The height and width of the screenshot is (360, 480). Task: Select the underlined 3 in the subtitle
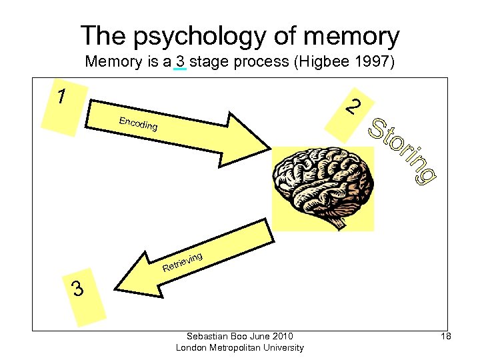(180, 63)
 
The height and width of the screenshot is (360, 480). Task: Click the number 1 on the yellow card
(61, 97)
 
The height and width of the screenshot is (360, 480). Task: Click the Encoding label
(138, 123)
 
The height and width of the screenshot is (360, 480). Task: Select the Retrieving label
(182, 263)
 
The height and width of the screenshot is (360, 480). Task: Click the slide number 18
(446, 337)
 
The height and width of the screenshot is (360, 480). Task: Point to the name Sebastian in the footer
(207, 336)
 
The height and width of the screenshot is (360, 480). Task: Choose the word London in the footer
(190, 347)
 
